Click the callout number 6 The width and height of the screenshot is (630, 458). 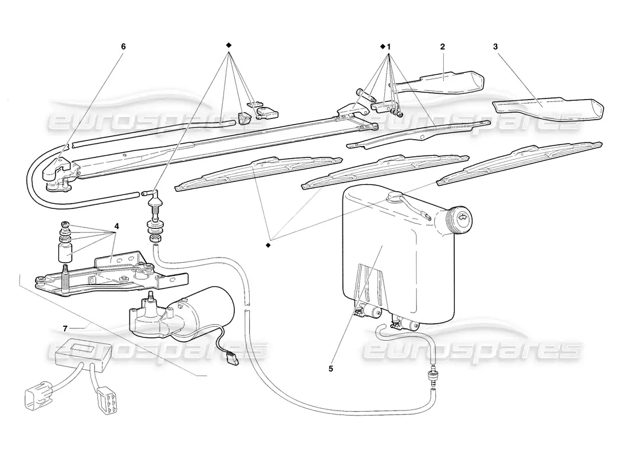pos(123,46)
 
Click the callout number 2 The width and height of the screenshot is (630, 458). pos(443,46)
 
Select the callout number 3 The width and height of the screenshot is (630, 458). pos(495,46)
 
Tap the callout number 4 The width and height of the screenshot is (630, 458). pos(116,226)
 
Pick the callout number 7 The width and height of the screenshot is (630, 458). pos(65,328)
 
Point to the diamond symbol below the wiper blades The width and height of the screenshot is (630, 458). pos(268,245)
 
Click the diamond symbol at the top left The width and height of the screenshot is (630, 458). pos(229,45)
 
